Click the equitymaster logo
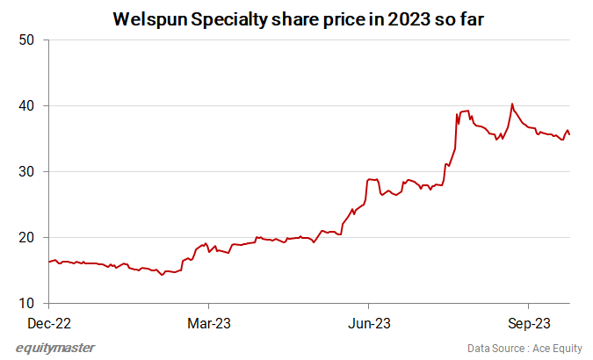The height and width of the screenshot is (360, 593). [55, 348]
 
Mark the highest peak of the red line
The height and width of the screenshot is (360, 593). [512, 104]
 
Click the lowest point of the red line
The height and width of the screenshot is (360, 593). [162, 275]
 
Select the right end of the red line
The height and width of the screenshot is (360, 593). [570, 134]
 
